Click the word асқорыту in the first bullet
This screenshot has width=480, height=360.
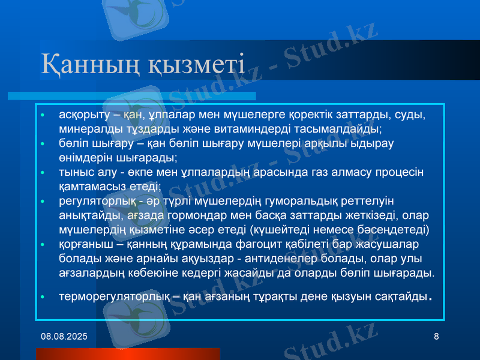83,114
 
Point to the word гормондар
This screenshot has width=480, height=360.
188,215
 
